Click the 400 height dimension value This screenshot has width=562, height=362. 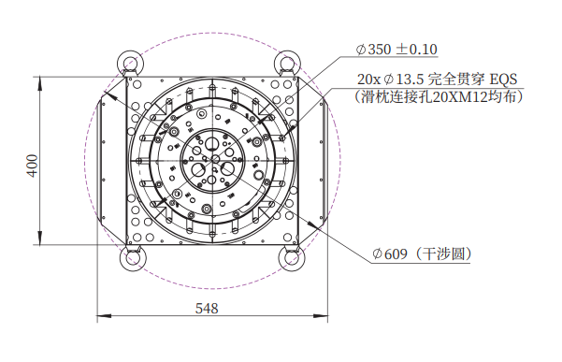(33, 166)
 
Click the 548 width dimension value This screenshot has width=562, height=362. (207, 309)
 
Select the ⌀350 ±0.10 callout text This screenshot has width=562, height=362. (396, 49)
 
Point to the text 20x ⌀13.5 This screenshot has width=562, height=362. (390, 80)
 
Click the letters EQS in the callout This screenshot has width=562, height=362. (504, 80)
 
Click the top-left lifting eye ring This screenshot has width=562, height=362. (131, 63)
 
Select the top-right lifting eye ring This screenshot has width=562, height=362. (287, 63)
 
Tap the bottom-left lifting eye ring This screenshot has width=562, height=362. (133, 258)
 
